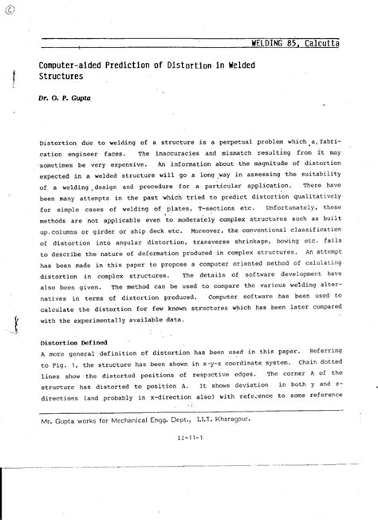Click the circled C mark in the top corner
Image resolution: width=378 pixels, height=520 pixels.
8,8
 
